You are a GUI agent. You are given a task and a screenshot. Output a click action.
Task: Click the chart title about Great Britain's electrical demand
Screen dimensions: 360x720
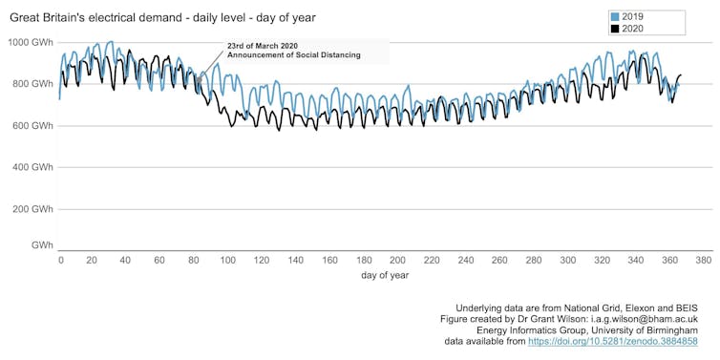162,17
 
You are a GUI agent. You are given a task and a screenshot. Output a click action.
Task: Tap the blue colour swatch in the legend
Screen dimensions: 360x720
616,16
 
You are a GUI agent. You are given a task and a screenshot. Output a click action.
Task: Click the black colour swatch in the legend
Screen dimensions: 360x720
616,29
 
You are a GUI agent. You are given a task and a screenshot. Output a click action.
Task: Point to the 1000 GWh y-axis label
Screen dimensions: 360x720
30,42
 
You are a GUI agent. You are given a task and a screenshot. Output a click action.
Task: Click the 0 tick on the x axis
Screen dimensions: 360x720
60,260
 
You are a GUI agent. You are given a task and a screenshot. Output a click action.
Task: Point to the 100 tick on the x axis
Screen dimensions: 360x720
229,260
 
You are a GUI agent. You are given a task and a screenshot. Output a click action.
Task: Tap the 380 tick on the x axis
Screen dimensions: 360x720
703,260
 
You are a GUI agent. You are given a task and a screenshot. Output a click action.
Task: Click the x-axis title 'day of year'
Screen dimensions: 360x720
385,275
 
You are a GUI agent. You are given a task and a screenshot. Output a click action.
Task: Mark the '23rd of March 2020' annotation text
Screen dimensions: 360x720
263,45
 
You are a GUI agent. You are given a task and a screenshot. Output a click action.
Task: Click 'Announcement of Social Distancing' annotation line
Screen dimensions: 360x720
293,55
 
